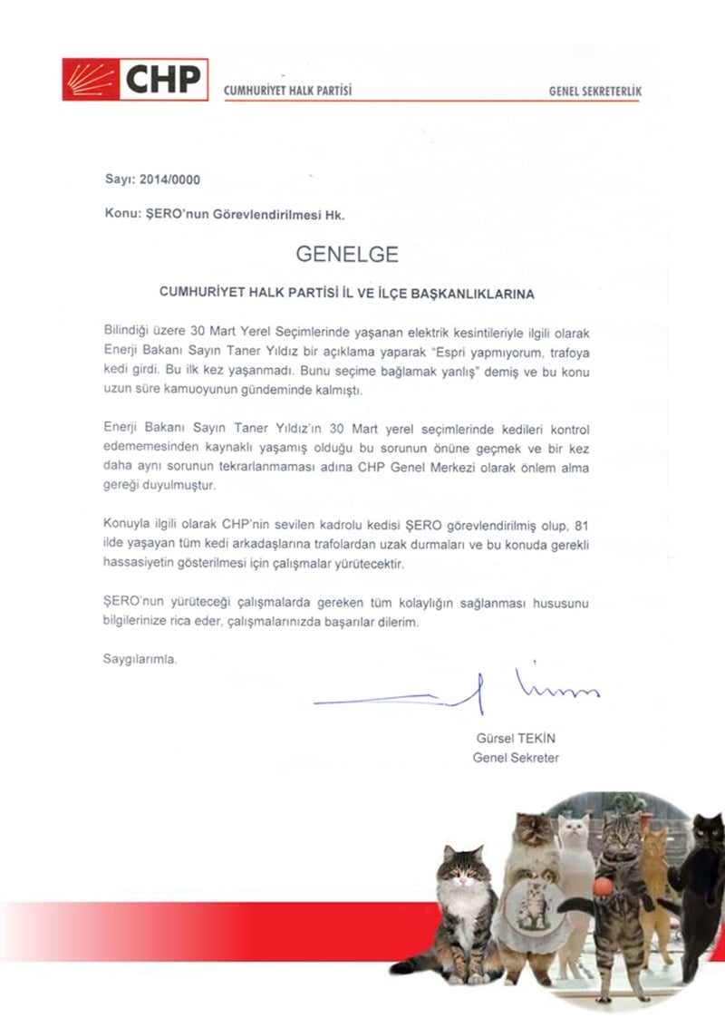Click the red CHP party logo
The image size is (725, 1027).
(x=135, y=79)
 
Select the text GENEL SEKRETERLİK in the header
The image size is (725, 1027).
(x=595, y=92)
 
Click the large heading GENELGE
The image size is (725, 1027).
(x=347, y=255)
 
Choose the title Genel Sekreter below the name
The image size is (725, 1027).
(x=516, y=757)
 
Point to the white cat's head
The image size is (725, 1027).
(x=573, y=829)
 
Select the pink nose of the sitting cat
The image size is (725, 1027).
(x=463, y=877)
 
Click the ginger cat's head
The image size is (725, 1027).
(x=653, y=843)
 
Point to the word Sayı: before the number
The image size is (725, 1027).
(x=120, y=179)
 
